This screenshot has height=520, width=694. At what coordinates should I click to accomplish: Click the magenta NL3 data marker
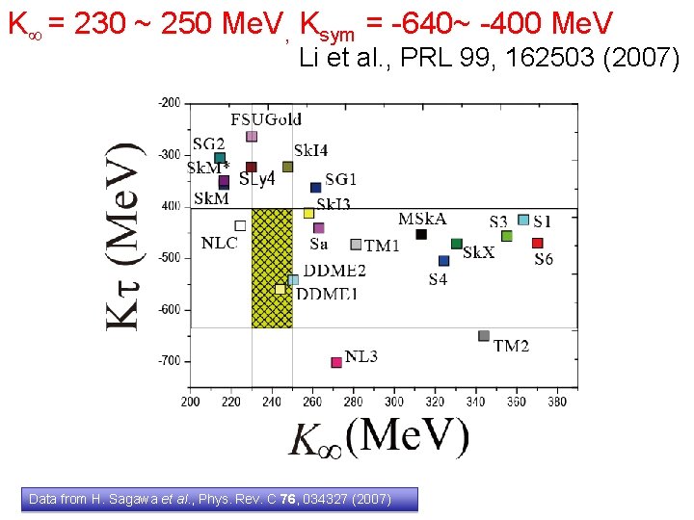point(336,362)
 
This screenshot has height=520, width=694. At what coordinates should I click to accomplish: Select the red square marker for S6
point(538,243)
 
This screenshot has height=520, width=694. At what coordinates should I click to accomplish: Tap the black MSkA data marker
point(421,234)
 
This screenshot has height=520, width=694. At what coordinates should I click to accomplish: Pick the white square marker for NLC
point(240,225)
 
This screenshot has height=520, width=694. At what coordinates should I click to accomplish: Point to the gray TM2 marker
point(484,336)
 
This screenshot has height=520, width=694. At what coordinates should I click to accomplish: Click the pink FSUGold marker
point(252,137)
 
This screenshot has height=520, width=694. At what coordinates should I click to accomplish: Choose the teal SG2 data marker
point(220,158)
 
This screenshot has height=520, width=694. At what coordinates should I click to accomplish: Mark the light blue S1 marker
point(523,220)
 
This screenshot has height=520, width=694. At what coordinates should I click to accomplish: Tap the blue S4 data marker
point(443,260)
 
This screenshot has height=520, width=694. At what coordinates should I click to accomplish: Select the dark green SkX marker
point(457,244)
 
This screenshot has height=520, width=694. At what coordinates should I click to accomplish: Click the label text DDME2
point(337,271)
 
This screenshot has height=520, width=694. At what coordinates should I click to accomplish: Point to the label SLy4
point(257,179)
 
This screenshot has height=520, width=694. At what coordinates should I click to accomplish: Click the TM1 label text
point(382,246)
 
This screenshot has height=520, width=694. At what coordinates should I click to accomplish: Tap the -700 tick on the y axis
point(169,360)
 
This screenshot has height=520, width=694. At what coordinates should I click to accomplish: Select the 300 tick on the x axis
point(395,402)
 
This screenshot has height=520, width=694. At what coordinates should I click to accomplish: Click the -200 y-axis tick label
point(169,102)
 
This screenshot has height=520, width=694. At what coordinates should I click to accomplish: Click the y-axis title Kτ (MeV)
point(124,237)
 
